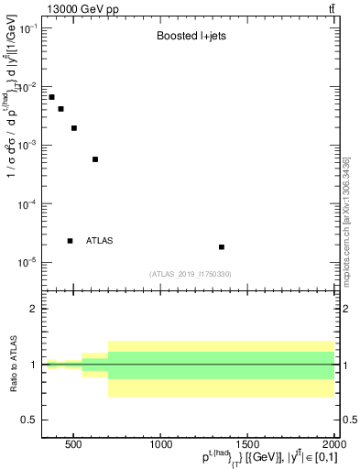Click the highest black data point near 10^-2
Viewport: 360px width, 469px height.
coord(52,97)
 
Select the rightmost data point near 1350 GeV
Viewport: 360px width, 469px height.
coord(222,247)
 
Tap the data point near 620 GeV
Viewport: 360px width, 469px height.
coord(95,159)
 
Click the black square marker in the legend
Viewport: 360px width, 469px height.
coord(71,241)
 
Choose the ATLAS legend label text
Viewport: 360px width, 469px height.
coord(100,241)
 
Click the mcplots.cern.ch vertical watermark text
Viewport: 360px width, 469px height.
coord(347,220)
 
